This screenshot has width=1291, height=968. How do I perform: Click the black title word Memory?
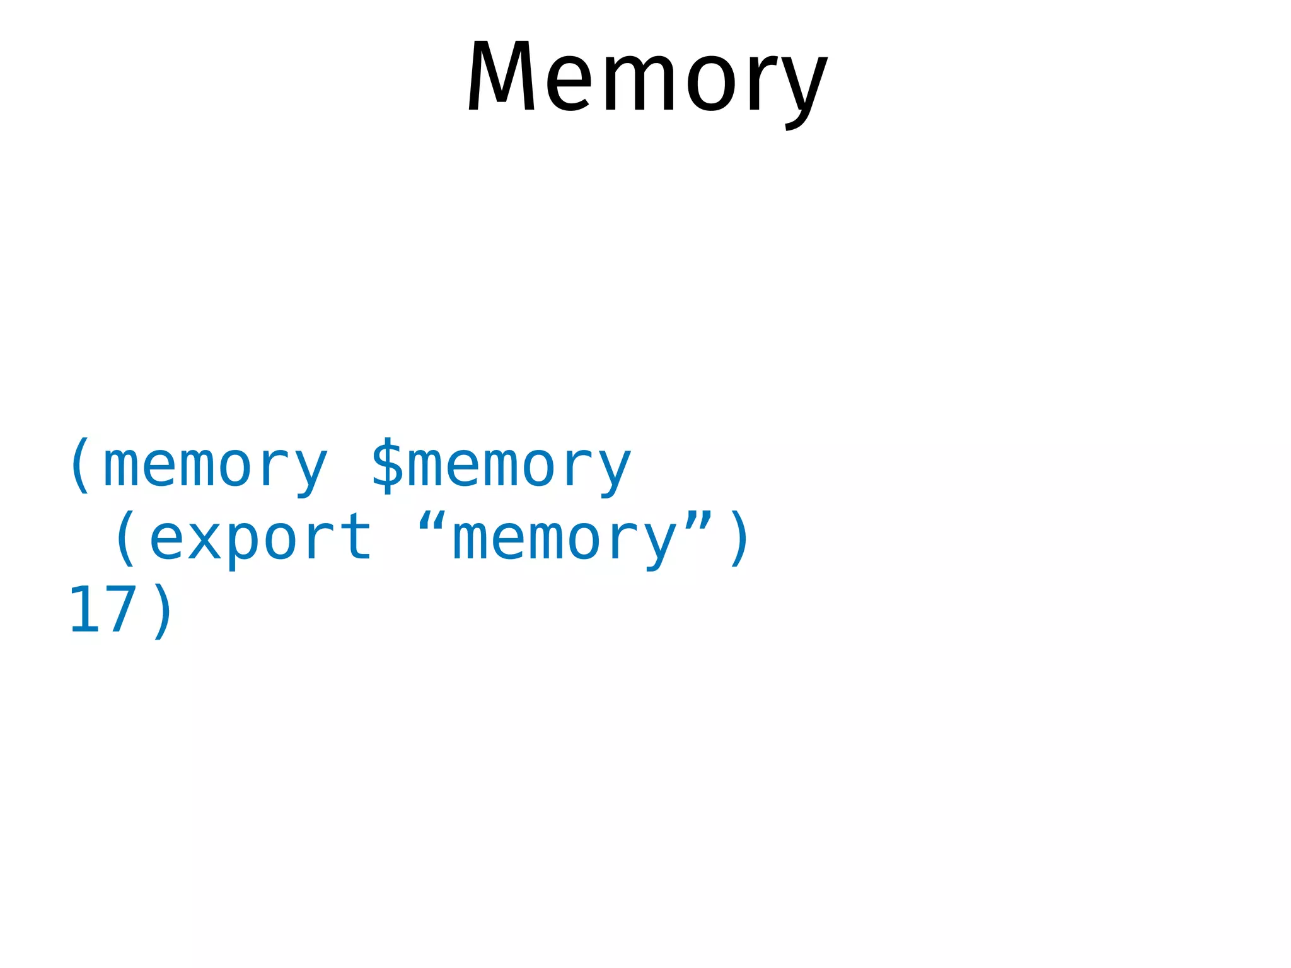click(x=647, y=79)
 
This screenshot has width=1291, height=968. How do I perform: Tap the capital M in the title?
click(x=501, y=77)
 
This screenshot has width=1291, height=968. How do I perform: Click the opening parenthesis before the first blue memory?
click(x=80, y=465)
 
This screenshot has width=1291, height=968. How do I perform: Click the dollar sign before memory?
click(x=386, y=465)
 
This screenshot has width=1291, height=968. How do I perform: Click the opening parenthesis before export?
click(x=125, y=538)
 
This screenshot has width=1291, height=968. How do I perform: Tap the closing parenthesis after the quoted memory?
click(x=738, y=538)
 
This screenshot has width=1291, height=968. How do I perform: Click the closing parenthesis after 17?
click(x=162, y=610)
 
